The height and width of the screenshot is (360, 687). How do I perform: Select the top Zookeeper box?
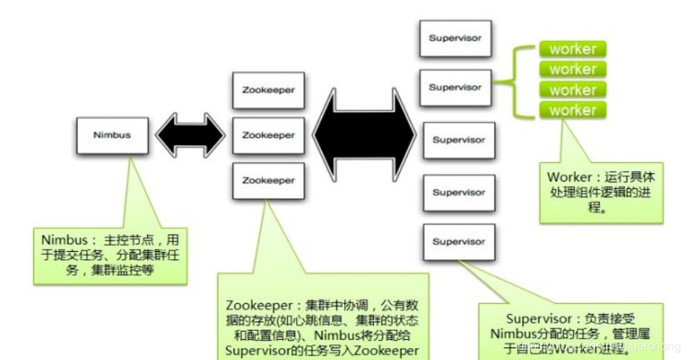(x=268, y=90)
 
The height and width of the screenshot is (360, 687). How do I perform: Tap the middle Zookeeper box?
(x=268, y=136)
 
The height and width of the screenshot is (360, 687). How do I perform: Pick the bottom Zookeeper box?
(x=268, y=181)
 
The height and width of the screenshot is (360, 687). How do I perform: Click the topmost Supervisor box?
(x=455, y=37)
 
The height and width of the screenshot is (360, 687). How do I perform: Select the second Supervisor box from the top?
(x=455, y=87)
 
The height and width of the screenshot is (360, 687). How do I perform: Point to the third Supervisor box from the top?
(x=458, y=139)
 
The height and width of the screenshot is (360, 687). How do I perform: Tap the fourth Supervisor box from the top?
(x=458, y=193)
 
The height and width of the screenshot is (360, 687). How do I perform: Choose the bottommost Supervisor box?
(x=458, y=241)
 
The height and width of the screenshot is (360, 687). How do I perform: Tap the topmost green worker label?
(x=572, y=50)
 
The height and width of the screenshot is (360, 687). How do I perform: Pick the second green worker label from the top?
(x=572, y=70)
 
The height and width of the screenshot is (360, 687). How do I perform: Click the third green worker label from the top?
(x=572, y=90)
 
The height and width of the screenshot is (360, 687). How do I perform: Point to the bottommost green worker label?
(x=572, y=110)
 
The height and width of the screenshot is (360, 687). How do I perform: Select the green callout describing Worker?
(x=600, y=190)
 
